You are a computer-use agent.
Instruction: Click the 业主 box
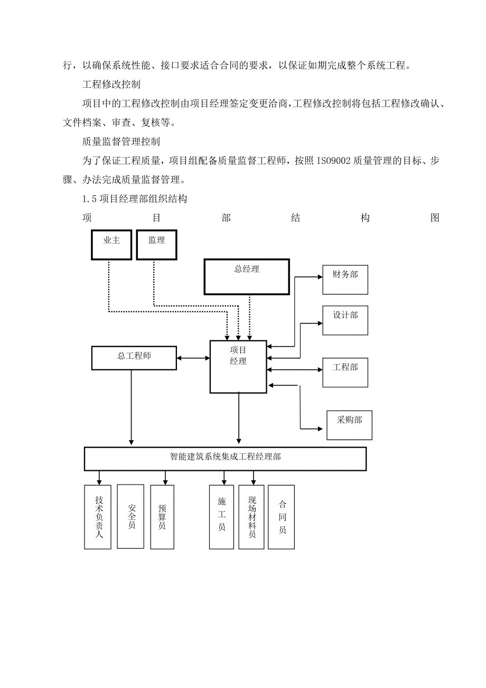click(111, 245)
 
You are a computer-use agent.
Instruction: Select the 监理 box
click(156, 245)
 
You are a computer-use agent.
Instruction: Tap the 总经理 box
click(247, 276)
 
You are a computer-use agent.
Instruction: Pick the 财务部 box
click(345, 280)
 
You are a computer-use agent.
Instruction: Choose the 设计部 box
click(345, 320)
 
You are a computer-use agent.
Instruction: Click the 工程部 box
click(345, 373)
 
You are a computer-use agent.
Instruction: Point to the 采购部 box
click(349, 425)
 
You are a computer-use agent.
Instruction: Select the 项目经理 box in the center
click(238, 367)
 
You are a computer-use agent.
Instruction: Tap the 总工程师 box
click(134, 358)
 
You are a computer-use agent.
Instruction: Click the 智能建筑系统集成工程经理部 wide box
click(225, 459)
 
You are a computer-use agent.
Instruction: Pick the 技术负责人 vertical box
click(98, 517)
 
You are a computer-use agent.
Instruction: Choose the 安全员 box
click(130, 516)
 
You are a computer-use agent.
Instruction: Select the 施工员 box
click(222, 516)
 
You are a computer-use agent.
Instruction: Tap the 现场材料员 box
click(251, 516)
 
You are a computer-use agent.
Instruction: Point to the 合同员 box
click(282, 516)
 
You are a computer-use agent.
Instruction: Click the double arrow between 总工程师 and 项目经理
click(193, 358)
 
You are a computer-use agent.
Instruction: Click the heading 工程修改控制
click(111, 85)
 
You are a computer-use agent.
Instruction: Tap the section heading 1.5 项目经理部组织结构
click(135, 199)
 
